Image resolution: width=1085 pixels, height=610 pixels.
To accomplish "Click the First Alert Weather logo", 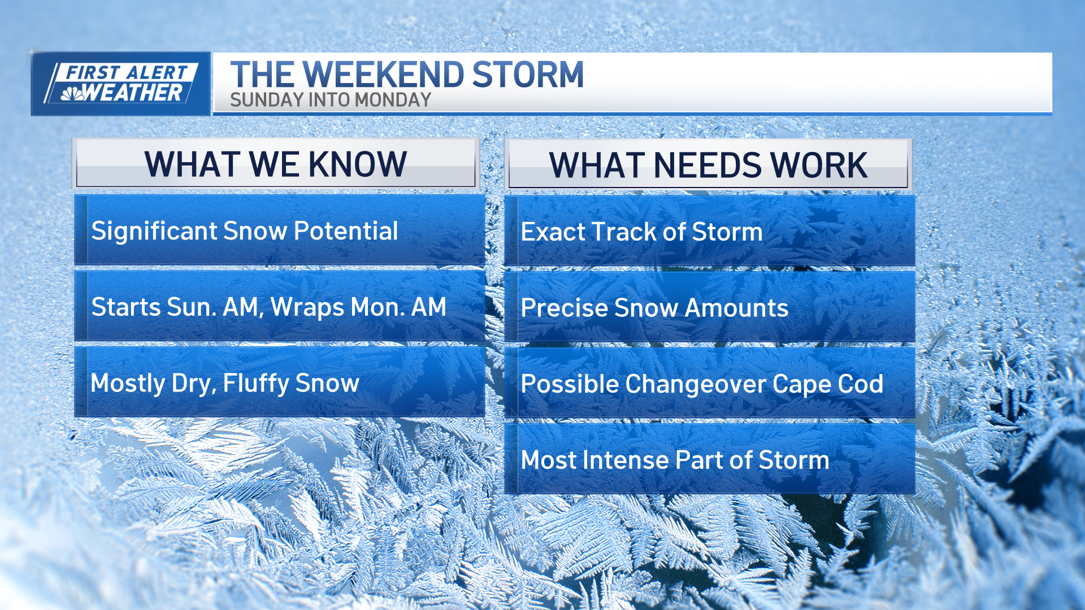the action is tap(121, 84).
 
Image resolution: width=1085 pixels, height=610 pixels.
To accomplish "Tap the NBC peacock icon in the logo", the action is tap(73, 94).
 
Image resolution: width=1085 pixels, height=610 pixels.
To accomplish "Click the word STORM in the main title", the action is tap(528, 75).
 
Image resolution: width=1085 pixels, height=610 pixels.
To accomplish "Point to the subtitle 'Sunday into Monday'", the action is tap(331, 100).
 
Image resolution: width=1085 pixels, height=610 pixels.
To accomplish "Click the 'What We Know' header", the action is tap(276, 164).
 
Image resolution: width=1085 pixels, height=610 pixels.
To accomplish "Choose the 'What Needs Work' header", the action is tap(708, 164).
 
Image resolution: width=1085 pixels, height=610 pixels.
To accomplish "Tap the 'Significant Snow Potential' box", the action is tap(280, 230).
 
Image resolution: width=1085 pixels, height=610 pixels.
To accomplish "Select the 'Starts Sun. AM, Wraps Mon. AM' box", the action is tap(280, 306).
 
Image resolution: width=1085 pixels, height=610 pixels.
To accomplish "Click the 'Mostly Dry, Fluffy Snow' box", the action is tap(280, 382).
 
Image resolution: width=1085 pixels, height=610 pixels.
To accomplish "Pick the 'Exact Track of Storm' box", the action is tap(710, 230).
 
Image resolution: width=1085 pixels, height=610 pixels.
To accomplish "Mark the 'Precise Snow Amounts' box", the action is tap(710, 307).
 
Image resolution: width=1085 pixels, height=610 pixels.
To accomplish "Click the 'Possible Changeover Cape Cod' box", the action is tap(710, 383).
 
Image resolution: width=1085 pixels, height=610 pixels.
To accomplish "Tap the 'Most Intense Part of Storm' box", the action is tap(710, 459).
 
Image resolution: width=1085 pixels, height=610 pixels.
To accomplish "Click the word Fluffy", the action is tap(256, 384).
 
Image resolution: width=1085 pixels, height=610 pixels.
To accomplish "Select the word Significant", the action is tap(154, 232).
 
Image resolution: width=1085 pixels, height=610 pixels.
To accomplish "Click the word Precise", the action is tap(563, 308).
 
